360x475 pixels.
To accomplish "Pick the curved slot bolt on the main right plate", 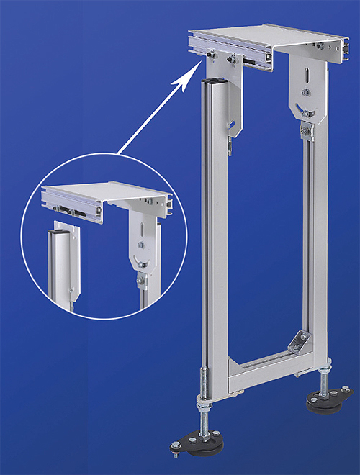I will [305, 112].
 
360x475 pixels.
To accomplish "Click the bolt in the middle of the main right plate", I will [306, 93].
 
